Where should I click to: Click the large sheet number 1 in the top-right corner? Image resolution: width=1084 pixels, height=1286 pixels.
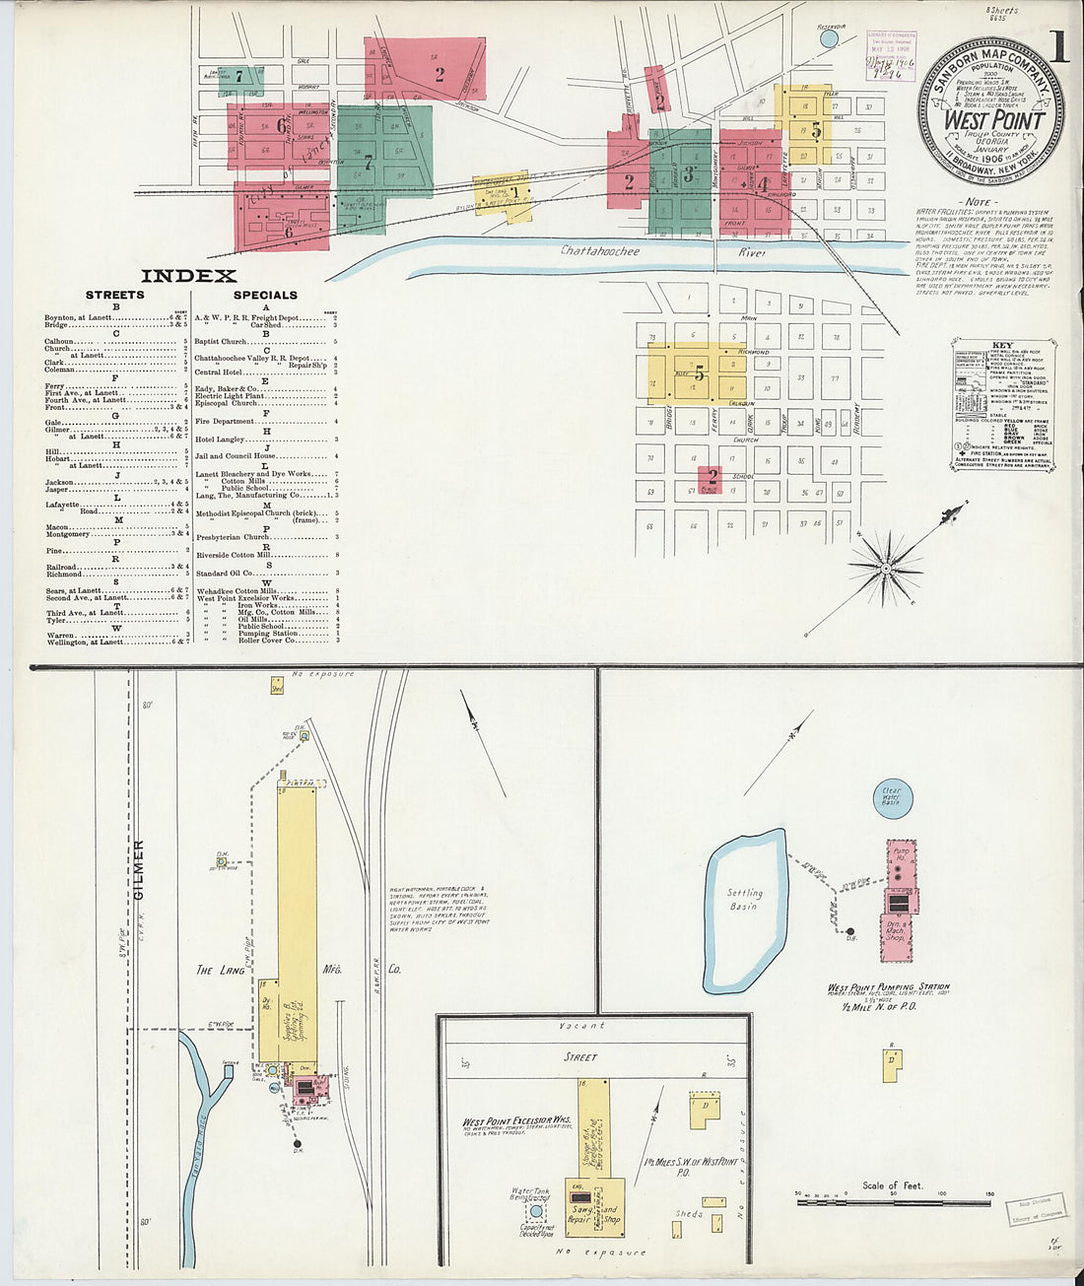point(1057,46)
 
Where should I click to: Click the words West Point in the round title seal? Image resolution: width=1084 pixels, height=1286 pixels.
point(994,120)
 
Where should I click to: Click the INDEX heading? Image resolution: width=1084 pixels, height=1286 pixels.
point(188,276)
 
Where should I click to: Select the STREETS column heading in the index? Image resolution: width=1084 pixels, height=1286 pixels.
point(114,295)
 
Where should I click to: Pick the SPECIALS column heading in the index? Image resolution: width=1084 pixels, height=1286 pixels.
point(265,295)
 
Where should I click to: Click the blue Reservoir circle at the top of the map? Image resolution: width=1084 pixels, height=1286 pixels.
point(829,38)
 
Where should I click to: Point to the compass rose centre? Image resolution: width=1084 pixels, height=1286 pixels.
point(886,568)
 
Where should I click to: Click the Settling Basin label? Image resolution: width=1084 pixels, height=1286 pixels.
point(745,899)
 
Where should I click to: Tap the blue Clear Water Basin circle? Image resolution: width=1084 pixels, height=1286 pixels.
point(893,797)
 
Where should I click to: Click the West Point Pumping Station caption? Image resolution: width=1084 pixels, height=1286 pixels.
point(888,986)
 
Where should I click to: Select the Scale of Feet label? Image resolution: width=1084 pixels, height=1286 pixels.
point(892,1185)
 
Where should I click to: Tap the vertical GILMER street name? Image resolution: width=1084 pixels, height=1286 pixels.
point(139,869)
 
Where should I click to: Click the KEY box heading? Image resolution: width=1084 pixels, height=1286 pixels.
point(1003,344)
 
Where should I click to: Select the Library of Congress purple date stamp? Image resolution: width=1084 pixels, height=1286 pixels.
point(891,54)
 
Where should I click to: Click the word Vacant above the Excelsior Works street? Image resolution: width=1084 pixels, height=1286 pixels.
point(582,1026)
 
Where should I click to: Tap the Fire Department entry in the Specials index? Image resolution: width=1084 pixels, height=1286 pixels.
point(225,421)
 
